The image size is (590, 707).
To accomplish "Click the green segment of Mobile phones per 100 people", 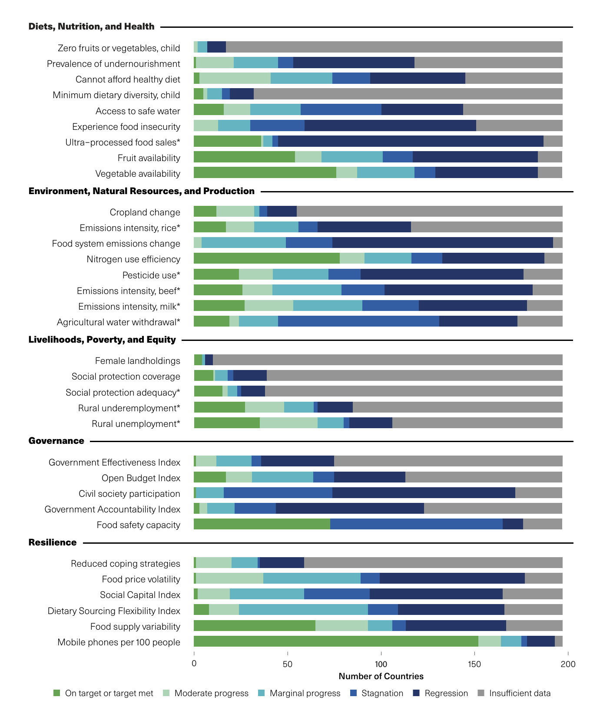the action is [x=336, y=641].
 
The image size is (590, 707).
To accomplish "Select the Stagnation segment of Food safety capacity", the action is [x=416, y=524].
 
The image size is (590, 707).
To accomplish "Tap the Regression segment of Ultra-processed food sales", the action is [x=411, y=141].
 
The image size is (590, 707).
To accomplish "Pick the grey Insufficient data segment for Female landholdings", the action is [x=388, y=360].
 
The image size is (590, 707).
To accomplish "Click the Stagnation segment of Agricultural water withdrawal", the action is [x=358, y=321].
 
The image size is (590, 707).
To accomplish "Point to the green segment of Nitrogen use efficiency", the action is [x=267, y=258].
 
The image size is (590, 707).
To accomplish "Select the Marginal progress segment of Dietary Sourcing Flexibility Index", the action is [x=303, y=610].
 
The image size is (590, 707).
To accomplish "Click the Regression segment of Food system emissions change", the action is [x=443, y=243].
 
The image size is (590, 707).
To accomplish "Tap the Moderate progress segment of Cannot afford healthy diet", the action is [x=235, y=79].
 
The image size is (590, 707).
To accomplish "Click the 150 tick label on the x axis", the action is [x=474, y=664].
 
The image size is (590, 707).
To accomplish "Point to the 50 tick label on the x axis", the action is [x=287, y=664].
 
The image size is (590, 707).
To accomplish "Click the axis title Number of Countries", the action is [x=381, y=676].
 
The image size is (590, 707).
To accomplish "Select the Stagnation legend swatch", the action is [x=353, y=693].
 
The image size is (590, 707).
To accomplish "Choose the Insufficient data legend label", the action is [x=520, y=693].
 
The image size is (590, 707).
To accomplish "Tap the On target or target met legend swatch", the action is [x=56, y=693].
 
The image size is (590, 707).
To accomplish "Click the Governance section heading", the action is [x=56, y=441].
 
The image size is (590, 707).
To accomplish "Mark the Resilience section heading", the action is [x=53, y=542].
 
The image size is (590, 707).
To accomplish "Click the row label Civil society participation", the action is [x=129, y=494].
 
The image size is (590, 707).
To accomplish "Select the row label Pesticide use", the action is [x=151, y=275].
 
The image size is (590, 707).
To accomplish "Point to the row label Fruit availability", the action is [x=149, y=158].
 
